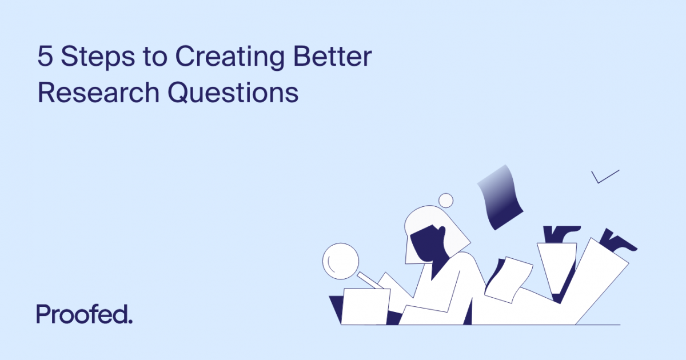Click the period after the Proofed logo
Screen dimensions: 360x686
[130, 321]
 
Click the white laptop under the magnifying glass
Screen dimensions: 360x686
[366, 306]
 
